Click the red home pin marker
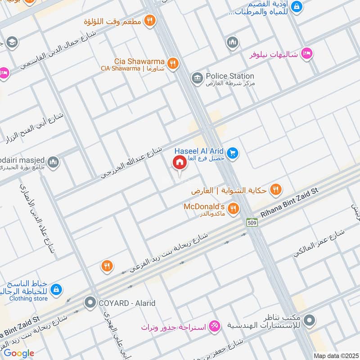click(180, 163)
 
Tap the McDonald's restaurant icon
click(233, 208)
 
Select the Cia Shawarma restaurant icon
click(171, 63)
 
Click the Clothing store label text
click(28, 298)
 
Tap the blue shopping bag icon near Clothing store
click(56, 288)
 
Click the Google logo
click(19, 353)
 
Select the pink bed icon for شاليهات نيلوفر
click(306, 54)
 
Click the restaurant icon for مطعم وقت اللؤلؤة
click(150, 20)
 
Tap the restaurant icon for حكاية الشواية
click(276, 190)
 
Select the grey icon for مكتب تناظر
click(309, 321)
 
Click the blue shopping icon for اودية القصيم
click(297, 7)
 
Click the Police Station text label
click(229, 76)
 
